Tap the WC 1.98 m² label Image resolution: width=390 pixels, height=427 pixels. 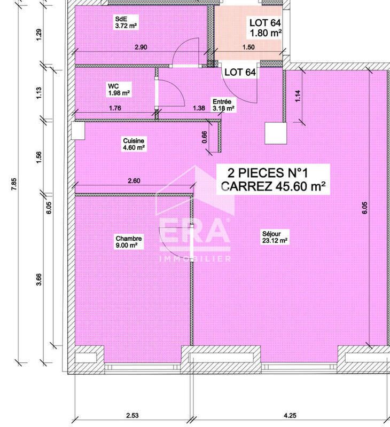(119, 89)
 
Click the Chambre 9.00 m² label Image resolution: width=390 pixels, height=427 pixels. (127, 242)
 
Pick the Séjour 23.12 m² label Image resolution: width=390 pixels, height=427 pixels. (275, 236)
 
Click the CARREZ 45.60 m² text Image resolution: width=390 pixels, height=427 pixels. (273, 186)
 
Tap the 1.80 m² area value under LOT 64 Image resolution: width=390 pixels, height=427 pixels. (266, 34)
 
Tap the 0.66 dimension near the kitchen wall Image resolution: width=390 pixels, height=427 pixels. (205, 137)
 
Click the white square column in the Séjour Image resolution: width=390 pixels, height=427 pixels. (276, 133)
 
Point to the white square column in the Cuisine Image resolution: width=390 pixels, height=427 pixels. (78, 131)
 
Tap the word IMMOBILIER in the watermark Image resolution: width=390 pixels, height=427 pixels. (195, 259)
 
